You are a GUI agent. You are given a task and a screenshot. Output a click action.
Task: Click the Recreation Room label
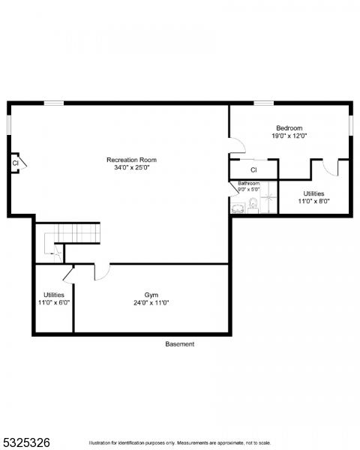[131, 160]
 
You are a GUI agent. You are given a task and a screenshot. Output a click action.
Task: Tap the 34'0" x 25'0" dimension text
[131, 168]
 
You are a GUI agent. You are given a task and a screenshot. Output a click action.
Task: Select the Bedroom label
[289, 127]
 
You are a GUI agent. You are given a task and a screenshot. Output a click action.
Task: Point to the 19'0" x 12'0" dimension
[289, 136]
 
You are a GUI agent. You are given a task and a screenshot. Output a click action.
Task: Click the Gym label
[151, 295]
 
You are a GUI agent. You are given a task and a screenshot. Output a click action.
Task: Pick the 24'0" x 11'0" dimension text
[151, 303]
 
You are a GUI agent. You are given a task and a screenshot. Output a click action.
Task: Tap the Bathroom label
[249, 184]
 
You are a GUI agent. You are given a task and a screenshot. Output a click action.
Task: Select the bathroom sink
[238, 208]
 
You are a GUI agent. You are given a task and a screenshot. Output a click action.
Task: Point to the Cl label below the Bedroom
[253, 170]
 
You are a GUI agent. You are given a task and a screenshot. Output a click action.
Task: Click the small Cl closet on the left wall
[15, 162]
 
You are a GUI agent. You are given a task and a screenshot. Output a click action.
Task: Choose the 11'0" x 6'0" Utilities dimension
[53, 303]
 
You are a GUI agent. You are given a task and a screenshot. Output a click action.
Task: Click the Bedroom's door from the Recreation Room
[236, 145]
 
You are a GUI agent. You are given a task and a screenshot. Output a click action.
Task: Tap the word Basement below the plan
[180, 344]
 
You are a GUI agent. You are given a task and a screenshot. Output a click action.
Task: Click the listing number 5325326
[25, 442]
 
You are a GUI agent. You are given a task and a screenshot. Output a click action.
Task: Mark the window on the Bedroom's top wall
[263, 103]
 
